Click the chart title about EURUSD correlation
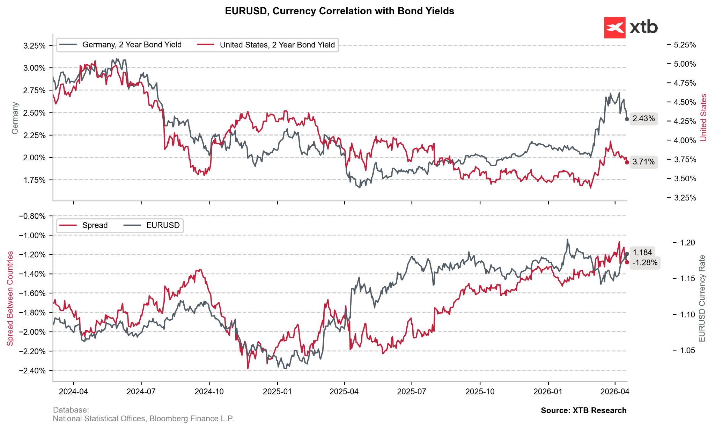339,11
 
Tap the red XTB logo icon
614,28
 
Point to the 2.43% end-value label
643,119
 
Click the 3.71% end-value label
643,162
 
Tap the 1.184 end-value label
642,253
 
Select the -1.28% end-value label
645,263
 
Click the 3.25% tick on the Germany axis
35,46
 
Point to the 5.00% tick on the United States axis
685,64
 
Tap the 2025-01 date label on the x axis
277,392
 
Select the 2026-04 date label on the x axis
614,392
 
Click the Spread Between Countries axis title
10,298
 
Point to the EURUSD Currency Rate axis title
702,298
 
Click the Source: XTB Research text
584,411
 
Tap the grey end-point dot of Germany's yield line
627,119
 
